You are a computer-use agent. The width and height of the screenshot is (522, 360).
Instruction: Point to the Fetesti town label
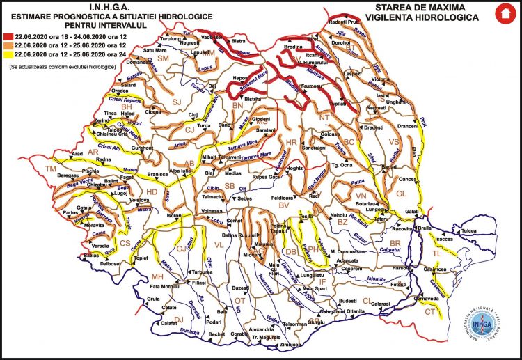[398, 285]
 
